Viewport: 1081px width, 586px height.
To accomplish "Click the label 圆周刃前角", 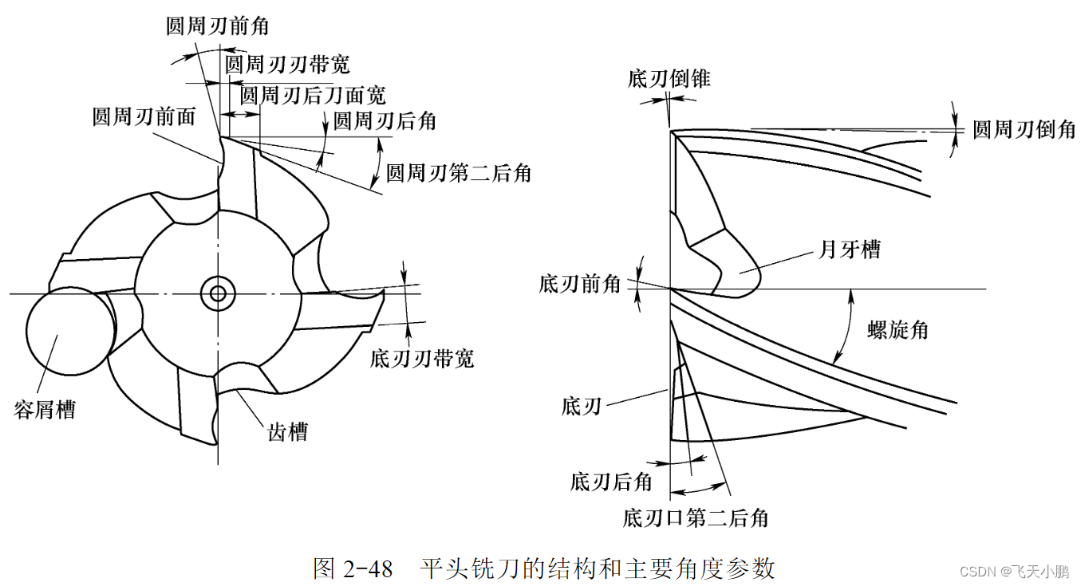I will coord(217,26).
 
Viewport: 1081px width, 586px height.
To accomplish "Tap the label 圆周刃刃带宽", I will coord(287,64).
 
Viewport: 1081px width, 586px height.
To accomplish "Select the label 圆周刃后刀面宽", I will coord(313,96).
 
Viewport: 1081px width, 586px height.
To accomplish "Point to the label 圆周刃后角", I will coord(385,121).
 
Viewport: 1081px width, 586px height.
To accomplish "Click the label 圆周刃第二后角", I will coord(459,172).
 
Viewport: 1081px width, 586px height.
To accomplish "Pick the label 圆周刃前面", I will coord(144,117).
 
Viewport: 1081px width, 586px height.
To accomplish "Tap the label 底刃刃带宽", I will coord(422,358).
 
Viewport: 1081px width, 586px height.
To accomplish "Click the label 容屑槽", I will coord(45,410).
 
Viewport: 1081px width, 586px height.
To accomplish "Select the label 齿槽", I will coord(287,432).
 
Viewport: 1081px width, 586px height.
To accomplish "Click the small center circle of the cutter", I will coord(217,293).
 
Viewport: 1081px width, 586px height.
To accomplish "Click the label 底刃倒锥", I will coord(669,79).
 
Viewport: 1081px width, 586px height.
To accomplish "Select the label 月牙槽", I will coord(850,250).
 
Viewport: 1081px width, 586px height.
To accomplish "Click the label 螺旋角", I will coord(898,329).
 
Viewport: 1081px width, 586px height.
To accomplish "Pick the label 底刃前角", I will coord(580,284).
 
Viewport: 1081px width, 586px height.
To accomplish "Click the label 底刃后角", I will coord(612,482).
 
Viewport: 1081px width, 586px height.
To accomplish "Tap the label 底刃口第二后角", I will coord(696,518).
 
